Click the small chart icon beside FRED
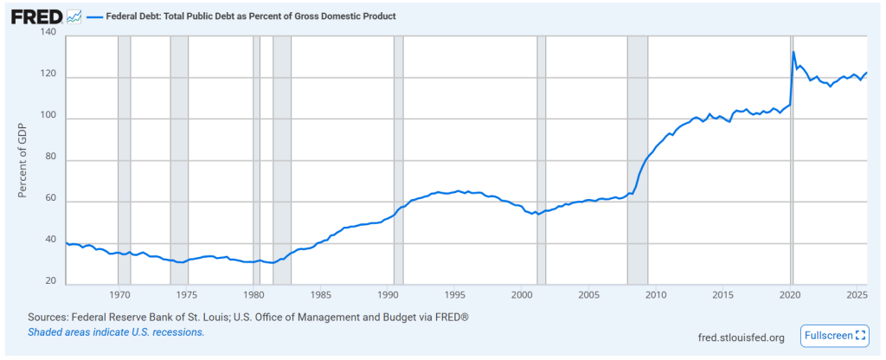[74, 16]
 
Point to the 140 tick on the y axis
[48, 33]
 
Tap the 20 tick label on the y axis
[50, 282]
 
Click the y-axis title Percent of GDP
[23, 159]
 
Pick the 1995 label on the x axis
[454, 294]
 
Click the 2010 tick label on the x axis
[654, 294]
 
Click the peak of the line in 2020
[793, 52]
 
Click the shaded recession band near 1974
[179, 160]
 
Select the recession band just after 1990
[398, 160]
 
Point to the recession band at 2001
[542, 160]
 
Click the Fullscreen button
[835, 336]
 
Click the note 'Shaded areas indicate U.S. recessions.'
[116, 332]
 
